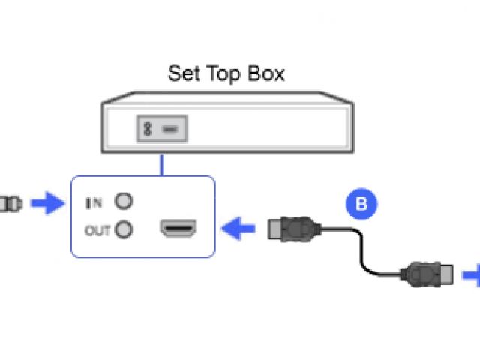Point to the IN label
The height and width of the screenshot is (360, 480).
click(x=94, y=202)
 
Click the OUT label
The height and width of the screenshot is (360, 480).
click(x=97, y=230)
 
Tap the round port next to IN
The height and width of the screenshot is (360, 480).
click(x=124, y=202)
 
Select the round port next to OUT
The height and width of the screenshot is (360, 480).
click(x=124, y=229)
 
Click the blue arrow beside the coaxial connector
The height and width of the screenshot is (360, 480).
click(x=49, y=202)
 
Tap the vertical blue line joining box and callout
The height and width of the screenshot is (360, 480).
click(x=161, y=166)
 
